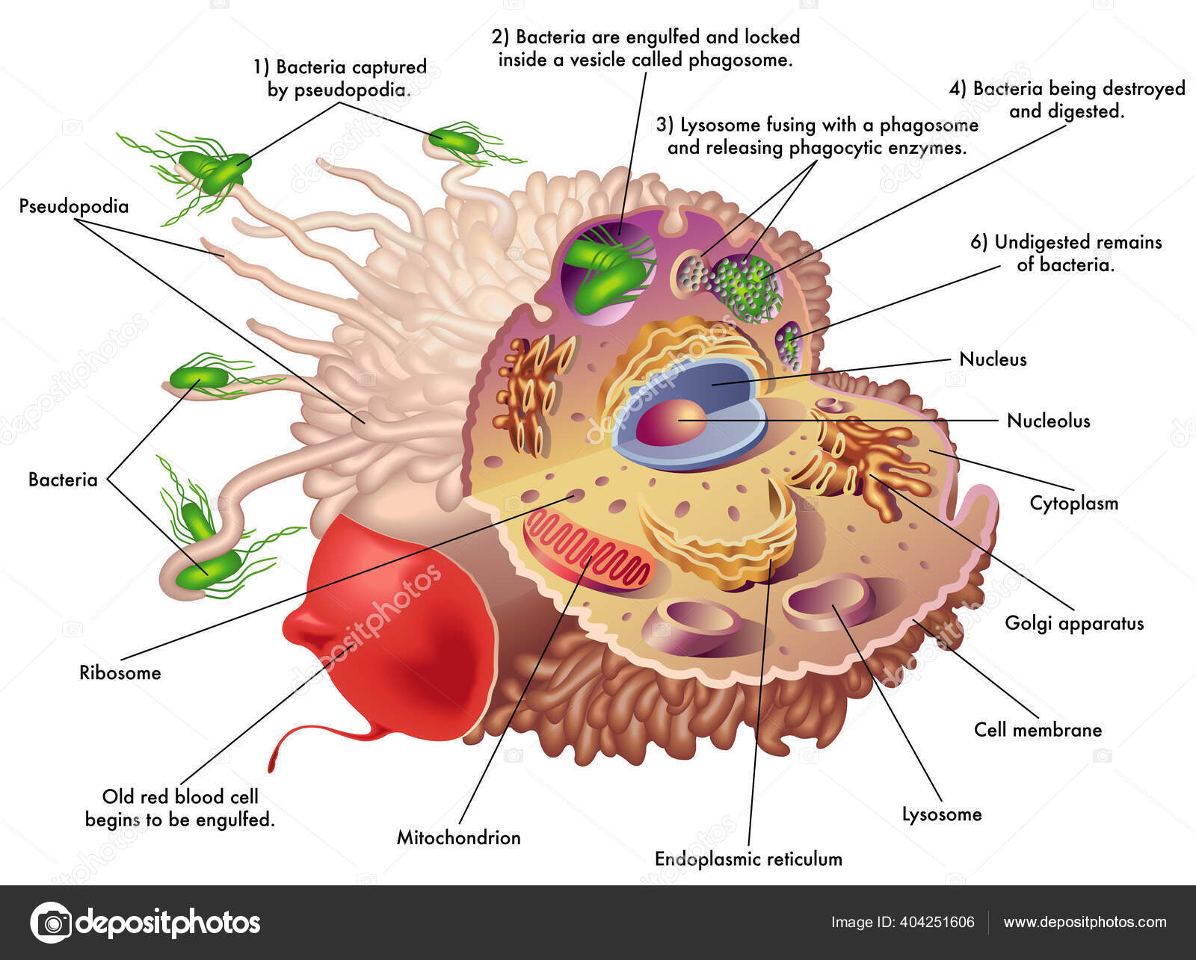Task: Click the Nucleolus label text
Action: point(1048,421)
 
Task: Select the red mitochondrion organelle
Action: point(588,552)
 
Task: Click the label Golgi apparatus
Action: point(1073,623)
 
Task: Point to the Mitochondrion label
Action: point(458,837)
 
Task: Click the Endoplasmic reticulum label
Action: point(748,859)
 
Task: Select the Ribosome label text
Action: point(120,672)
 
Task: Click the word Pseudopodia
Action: point(73,206)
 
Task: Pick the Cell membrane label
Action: point(1038,730)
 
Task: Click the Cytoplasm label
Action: point(1073,503)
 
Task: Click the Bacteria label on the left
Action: point(63,480)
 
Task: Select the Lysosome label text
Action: point(941,814)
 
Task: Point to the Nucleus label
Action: point(993,359)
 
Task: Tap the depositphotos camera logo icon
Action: point(52,922)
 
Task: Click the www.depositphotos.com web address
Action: point(1085,922)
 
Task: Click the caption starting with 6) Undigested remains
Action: point(1066,253)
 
